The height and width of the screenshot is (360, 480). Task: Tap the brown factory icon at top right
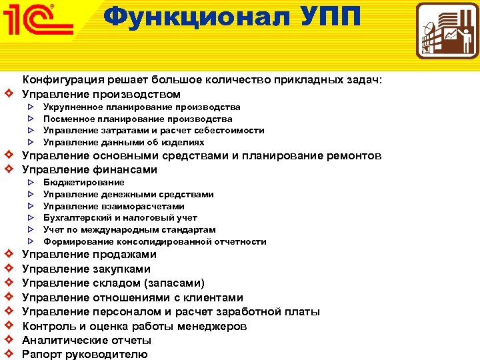click(447, 31)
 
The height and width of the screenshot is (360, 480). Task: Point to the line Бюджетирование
click(84, 182)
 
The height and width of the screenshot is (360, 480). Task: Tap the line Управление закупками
click(86, 269)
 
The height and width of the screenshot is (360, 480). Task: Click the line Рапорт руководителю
click(85, 355)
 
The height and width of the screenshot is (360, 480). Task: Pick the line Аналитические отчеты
click(87, 341)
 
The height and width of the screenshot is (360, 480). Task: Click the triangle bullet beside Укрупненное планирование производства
click(31, 107)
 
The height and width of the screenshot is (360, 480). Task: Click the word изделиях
click(185, 142)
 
